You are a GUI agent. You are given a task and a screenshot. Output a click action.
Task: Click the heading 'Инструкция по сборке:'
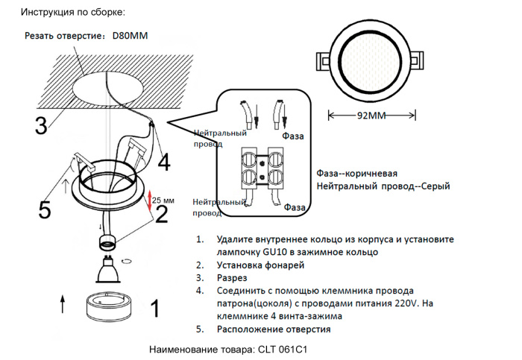73,13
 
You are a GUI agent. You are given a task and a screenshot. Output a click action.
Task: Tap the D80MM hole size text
130,36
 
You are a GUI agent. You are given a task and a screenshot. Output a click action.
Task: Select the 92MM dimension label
371,116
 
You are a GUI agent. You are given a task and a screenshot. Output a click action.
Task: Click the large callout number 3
42,125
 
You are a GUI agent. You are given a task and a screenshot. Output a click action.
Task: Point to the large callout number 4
163,161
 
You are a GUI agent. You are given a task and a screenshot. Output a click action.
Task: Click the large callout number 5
45,211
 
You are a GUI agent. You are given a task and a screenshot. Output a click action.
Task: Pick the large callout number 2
161,215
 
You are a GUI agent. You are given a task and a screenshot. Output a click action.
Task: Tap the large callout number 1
155,308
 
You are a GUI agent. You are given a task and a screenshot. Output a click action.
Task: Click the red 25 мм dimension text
163,200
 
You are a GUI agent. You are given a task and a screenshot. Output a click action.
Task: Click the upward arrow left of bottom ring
62,303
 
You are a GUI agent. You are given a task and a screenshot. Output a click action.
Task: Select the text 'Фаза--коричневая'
362,170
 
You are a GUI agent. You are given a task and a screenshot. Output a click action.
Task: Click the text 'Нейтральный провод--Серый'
383,186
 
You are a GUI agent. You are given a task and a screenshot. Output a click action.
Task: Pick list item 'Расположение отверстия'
274,329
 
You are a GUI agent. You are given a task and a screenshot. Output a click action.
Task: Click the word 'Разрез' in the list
233,277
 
